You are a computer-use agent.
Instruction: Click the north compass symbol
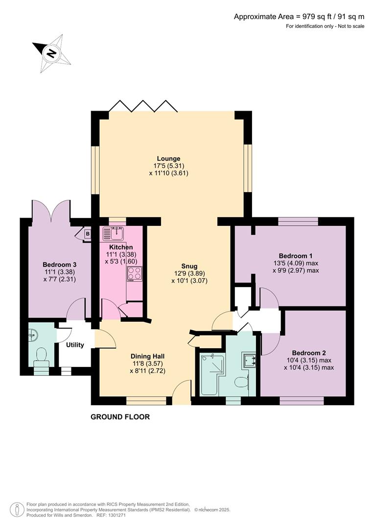(x=51, y=50)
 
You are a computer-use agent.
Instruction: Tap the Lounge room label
(x=168, y=159)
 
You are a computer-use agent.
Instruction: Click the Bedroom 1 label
(x=296, y=256)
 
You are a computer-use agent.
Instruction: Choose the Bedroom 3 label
(x=59, y=264)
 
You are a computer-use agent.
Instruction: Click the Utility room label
(x=75, y=345)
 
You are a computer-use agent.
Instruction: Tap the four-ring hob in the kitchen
(x=135, y=274)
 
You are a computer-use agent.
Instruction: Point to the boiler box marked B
(x=88, y=234)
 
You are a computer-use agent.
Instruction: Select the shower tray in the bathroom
(x=212, y=375)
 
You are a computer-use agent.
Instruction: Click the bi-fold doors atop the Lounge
(x=142, y=105)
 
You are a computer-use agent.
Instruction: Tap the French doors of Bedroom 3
(x=51, y=211)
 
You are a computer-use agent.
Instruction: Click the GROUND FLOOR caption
(x=120, y=417)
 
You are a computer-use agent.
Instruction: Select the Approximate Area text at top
(x=299, y=17)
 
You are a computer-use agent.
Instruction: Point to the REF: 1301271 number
(x=112, y=515)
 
